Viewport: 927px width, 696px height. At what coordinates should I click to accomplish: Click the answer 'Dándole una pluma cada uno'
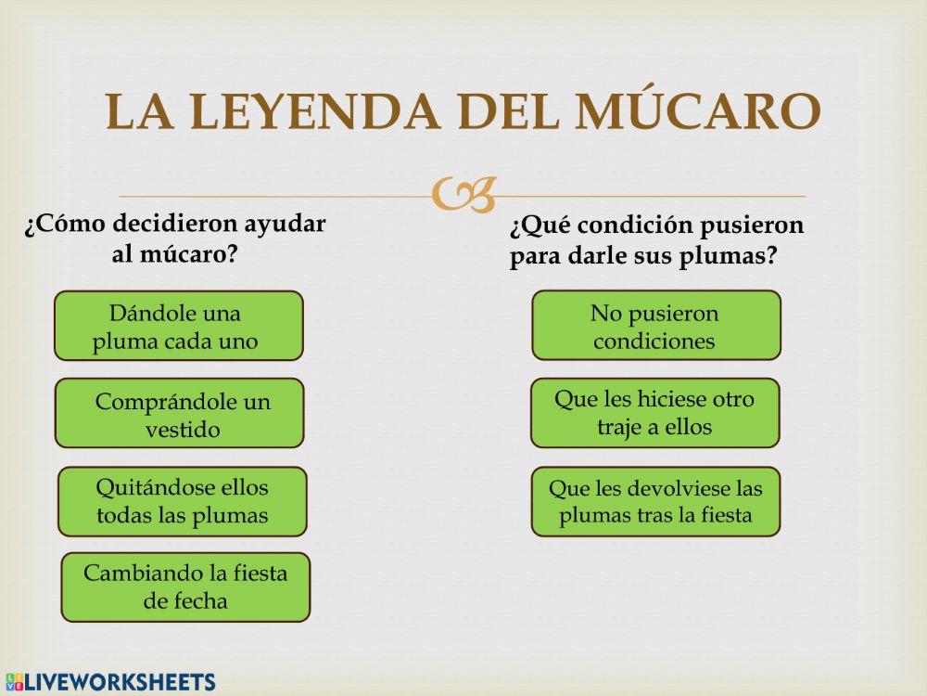click(x=178, y=326)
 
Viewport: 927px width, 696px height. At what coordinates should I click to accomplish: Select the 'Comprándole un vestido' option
click(x=179, y=413)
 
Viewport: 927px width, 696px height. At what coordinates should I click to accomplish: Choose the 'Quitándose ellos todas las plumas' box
click(x=182, y=501)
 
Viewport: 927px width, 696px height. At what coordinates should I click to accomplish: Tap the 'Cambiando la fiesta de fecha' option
click(x=185, y=586)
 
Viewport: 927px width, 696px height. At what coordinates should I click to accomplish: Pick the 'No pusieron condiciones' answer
click(x=655, y=326)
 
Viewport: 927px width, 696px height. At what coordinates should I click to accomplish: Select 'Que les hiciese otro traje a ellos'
click(x=654, y=413)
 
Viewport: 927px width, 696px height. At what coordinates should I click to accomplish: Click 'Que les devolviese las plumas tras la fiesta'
click(x=655, y=501)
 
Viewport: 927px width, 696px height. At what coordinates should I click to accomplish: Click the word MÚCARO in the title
click(x=698, y=111)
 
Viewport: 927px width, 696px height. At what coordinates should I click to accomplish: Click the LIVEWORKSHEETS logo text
click(x=121, y=682)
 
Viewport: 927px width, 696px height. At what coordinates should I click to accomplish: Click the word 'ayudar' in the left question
click(x=285, y=225)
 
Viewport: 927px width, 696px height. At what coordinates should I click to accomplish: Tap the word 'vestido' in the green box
click(x=183, y=430)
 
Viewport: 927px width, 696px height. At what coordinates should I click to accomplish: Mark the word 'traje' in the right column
click(x=620, y=427)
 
